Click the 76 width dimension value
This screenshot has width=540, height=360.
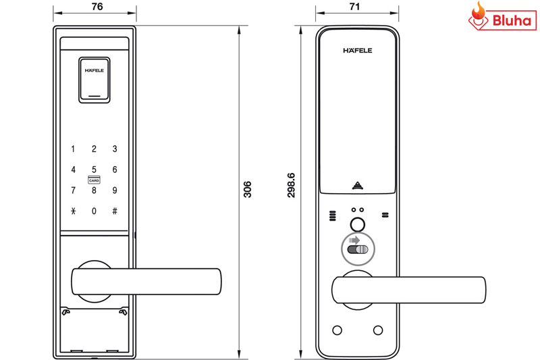point(97,7)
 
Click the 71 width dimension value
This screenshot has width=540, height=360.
point(355,7)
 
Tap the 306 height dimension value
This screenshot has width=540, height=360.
point(247,189)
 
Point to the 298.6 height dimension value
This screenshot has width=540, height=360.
point(292,185)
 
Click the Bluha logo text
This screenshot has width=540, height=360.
point(512,20)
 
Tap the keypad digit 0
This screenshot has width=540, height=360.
point(94,211)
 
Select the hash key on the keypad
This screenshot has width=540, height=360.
point(115,211)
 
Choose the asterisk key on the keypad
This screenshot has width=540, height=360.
point(74,211)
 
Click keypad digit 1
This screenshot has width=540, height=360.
point(73,149)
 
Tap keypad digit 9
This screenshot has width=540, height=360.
point(115,190)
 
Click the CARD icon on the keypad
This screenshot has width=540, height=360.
point(94,180)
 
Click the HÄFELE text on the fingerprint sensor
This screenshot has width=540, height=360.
point(94,70)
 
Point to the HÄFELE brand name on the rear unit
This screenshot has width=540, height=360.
point(358,50)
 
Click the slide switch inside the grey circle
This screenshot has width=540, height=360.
point(358,249)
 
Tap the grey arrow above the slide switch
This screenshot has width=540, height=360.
point(354,240)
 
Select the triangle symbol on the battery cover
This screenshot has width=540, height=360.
point(358,186)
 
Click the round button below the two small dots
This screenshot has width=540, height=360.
point(358,225)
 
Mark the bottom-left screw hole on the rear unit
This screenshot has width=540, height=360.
point(337,330)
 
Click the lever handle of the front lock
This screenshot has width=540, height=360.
point(146,282)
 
